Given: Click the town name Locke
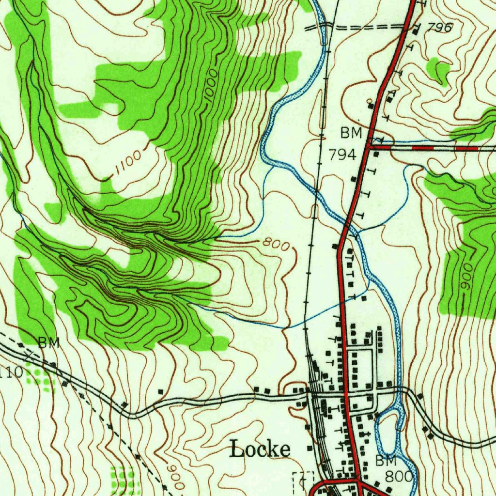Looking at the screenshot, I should click(x=260, y=449).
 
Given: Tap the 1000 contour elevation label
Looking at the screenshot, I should click(x=211, y=87).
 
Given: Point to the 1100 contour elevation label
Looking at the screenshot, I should click(x=128, y=163).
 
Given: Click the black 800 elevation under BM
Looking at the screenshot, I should click(x=400, y=476).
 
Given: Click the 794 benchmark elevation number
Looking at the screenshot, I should click(x=342, y=155).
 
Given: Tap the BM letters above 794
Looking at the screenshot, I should click(x=351, y=132).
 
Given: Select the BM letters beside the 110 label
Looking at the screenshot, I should click(x=49, y=343).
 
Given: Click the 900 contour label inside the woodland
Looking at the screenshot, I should click(x=465, y=278).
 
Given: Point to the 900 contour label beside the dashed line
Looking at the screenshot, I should click(x=175, y=477).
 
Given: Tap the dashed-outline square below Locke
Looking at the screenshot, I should click(x=303, y=481).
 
